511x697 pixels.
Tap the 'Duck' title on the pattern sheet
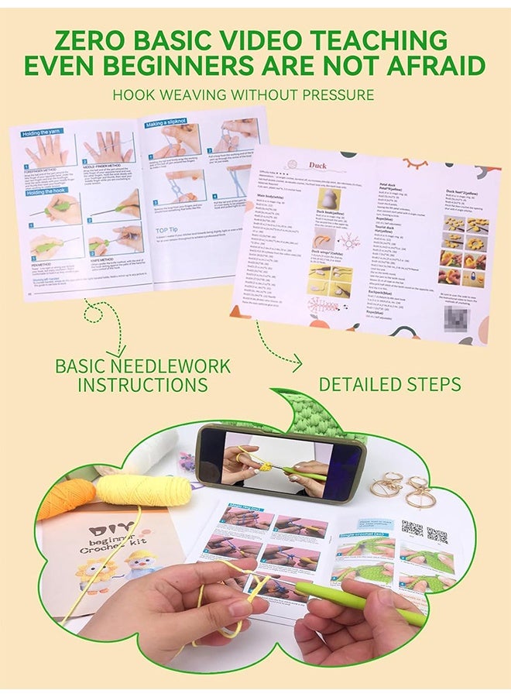coord(318,165)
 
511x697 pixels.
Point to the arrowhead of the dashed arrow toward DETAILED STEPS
coord(297,360)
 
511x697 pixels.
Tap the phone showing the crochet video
coord(280,463)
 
